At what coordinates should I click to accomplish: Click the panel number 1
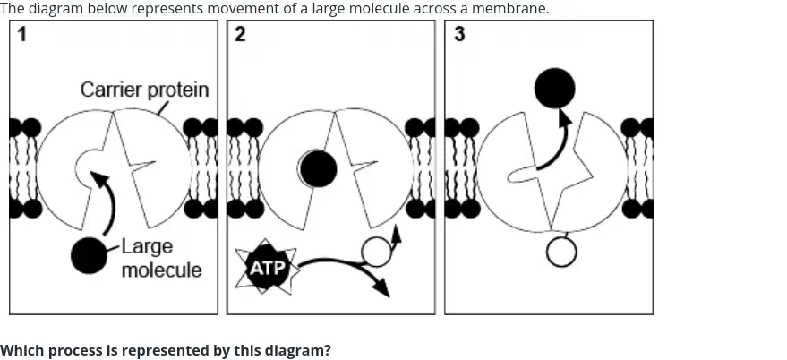click(x=21, y=35)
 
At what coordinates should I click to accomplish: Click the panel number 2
click(x=241, y=35)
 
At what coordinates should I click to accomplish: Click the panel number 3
click(x=459, y=35)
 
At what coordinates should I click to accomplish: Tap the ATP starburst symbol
click(x=268, y=267)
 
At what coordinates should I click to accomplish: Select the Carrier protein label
click(x=144, y=90)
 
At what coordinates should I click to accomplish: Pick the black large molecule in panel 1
click(x=89, y=255)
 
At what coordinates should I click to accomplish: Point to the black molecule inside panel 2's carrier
click(x=318, y=168)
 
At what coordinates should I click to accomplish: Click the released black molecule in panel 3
click(x=554, y=89)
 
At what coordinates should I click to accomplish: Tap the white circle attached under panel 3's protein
click(x=561, y=252)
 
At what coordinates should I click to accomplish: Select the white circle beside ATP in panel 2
click(x=376, y=252)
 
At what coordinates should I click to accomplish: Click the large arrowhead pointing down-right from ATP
click(x=381, y=287)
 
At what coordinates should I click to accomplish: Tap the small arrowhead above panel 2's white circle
click(x=396, y=233)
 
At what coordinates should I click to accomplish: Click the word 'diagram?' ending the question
click(x=304, y=350)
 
